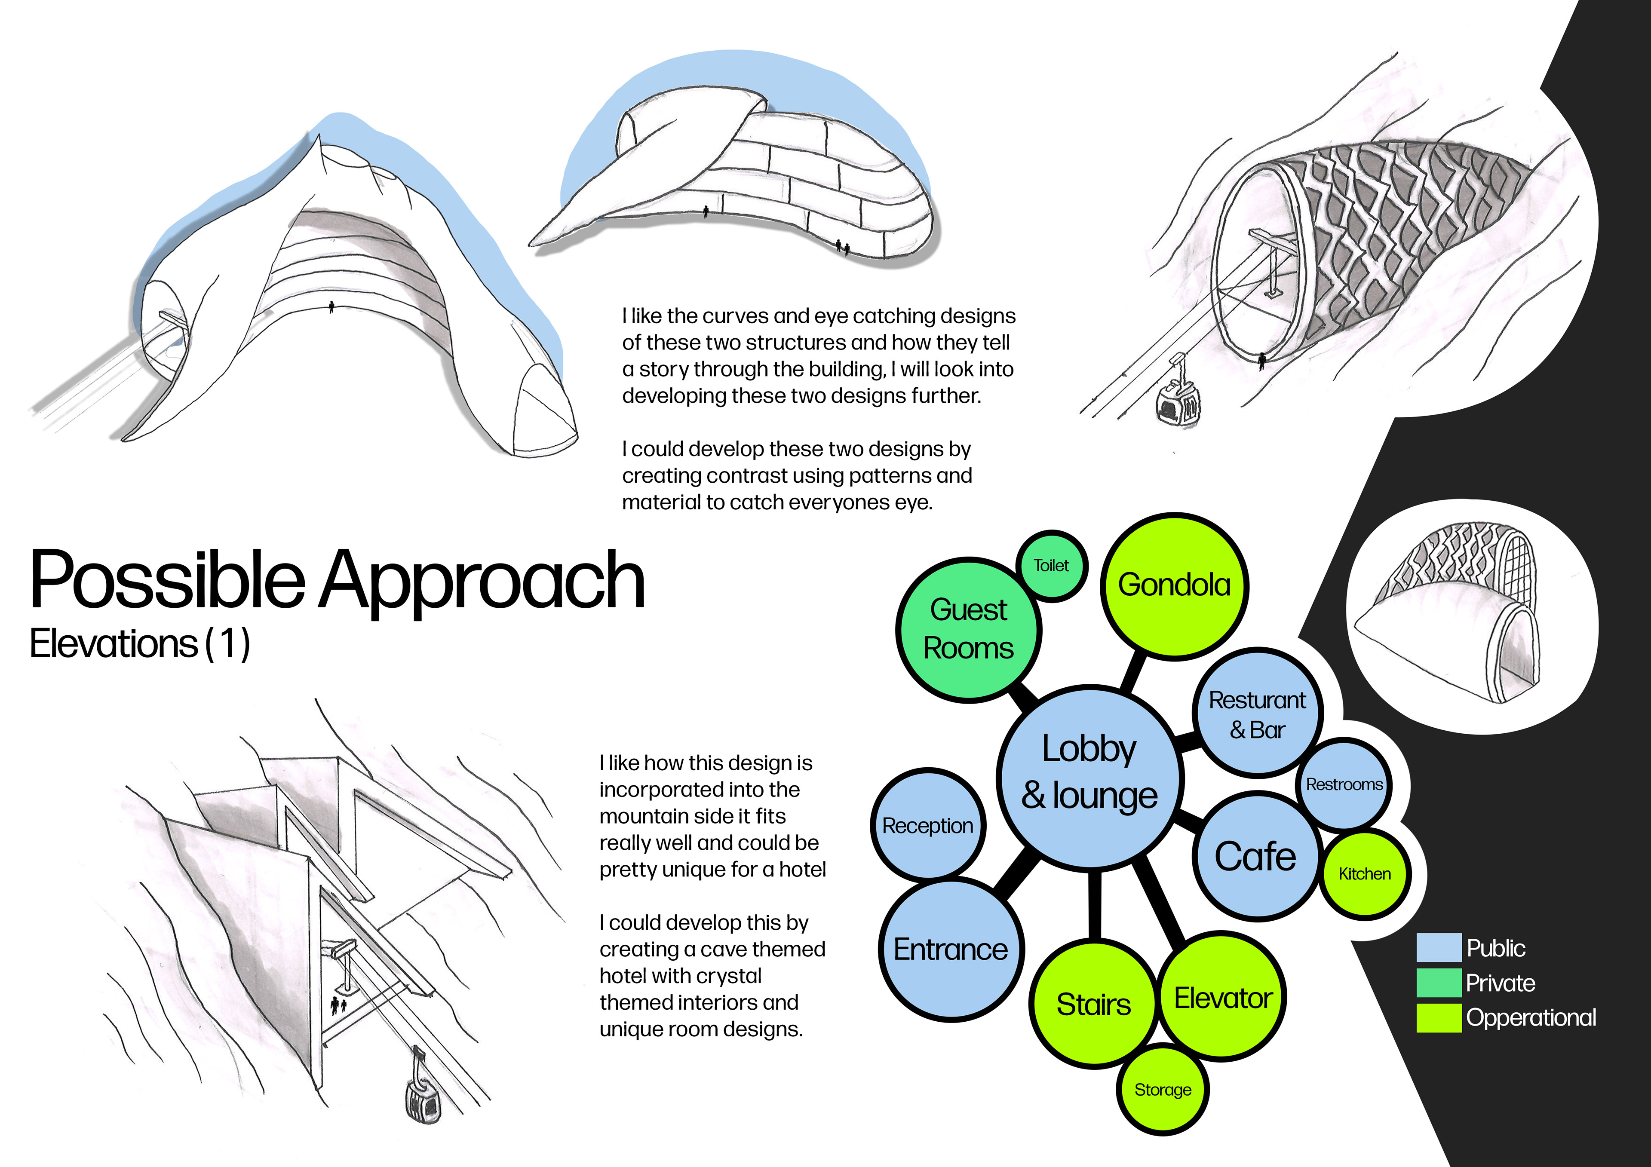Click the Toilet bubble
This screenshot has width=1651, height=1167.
point(1051,566)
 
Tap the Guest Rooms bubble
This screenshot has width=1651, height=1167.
point(968,629)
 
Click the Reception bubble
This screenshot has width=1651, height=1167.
point(927,825)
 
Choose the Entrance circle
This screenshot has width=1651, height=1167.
point(951,949)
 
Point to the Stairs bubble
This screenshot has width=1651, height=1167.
point(1093,1004)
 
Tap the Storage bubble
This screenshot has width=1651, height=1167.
point(1163,1089)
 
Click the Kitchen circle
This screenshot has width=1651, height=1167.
point(1365,873)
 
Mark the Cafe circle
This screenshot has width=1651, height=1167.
point(1255,856)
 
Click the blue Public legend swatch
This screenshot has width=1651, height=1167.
point(1438,948)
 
